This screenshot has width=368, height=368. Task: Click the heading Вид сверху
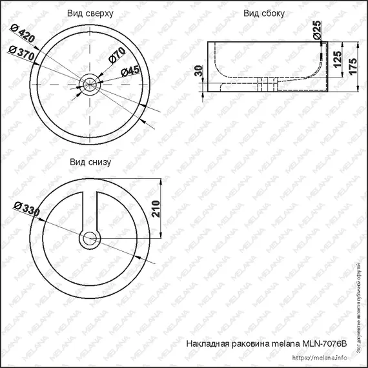click(90, 13)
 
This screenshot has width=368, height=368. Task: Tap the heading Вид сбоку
click(264, 13)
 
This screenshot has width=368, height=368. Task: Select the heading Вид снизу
click(90, 162)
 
